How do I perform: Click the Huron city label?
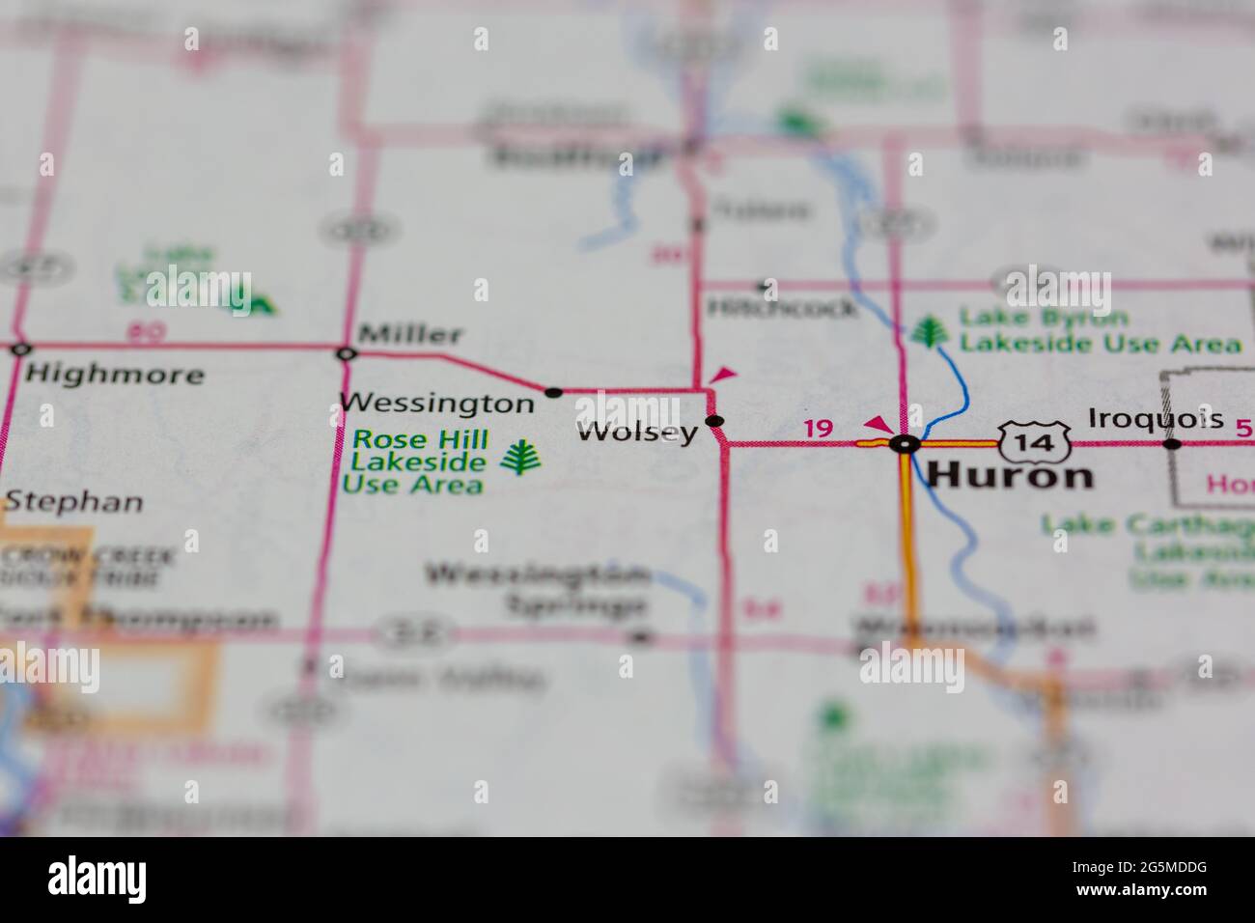pyautogui.click(x=1010, y=475)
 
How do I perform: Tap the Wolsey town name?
pyautogui.click(x=637, y=432)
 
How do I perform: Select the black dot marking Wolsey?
pyautogui.click(x=714, y=421)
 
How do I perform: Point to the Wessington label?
pyautogui.click(x=436, y=402)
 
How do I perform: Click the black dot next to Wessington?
pyautogui.click(x=553, y=392)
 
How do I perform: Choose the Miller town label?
pyautogui.click(x=410, y=335)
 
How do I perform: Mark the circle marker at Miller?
pyautogui.click(x=346, y=354)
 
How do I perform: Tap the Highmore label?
pyautogui.click(x=115, y=374)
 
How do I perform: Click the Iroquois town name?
pyautogui.click(x=1156, y=419)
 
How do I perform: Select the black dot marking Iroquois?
pyautogui.click(x=1171, y=444)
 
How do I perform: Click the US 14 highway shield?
pyautogui.click(x=1034, y=443)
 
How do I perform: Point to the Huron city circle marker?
pyautogui.click(x=905, y=444)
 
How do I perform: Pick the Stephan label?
pyautogui.click(x=73, y=502)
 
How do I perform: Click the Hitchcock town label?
pyautogui.click(x=781, y=308)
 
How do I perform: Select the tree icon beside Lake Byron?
pyautogui.click(x=928, y=331)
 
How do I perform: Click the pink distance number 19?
pyautogui.click(x=818, y=428)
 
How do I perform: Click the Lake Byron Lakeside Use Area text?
pyautogui.click(x=1099, y=330)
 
